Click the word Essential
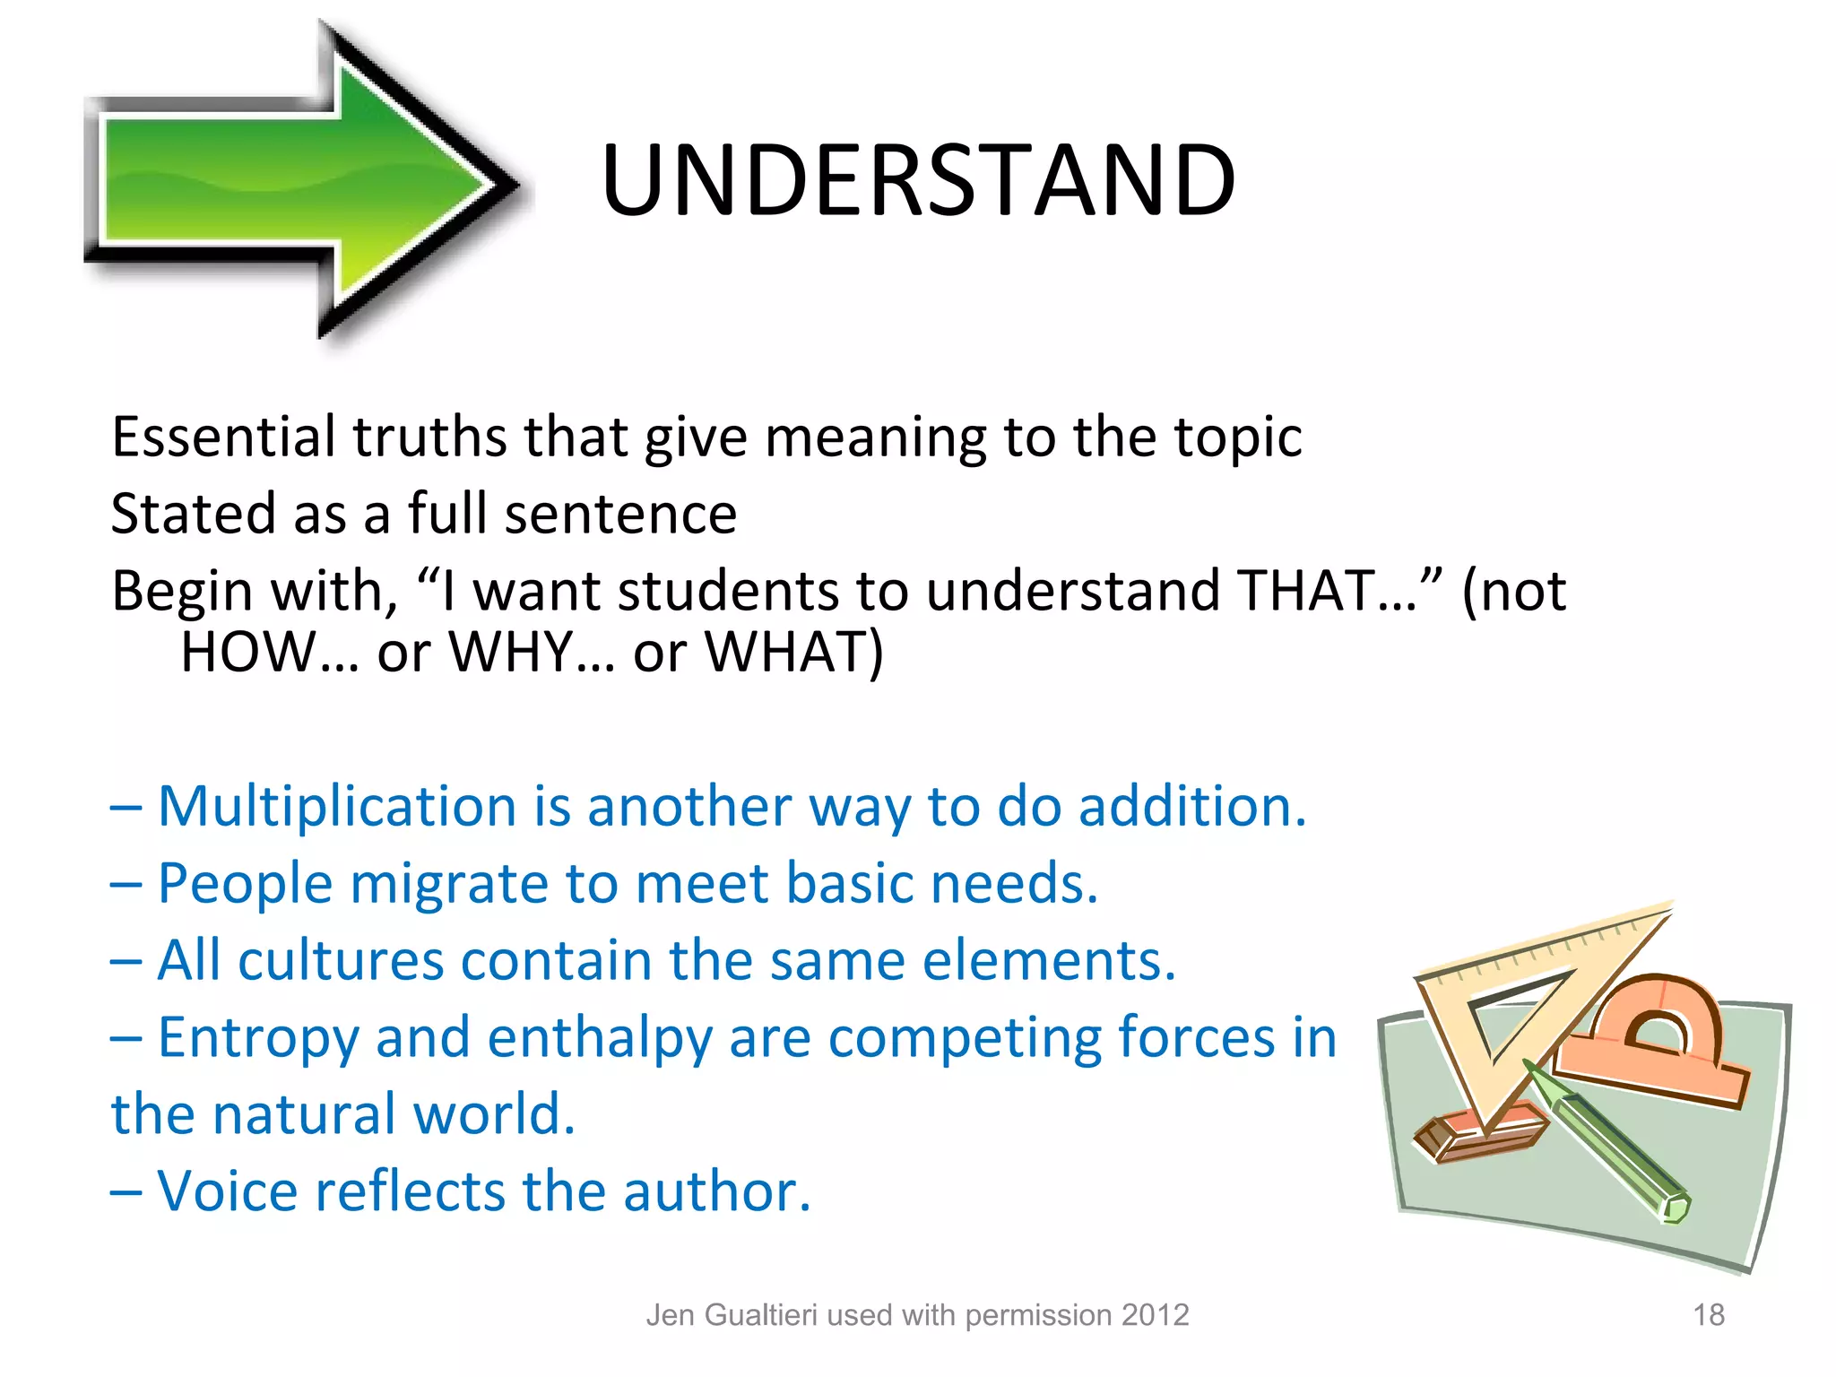point(223,437)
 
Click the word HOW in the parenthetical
point(246,652)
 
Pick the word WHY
point(511,652)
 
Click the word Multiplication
point(337,806)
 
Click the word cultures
point(342,960)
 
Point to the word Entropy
point(259,1038)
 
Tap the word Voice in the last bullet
point(228,1191)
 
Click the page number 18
point(1709,1315)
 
